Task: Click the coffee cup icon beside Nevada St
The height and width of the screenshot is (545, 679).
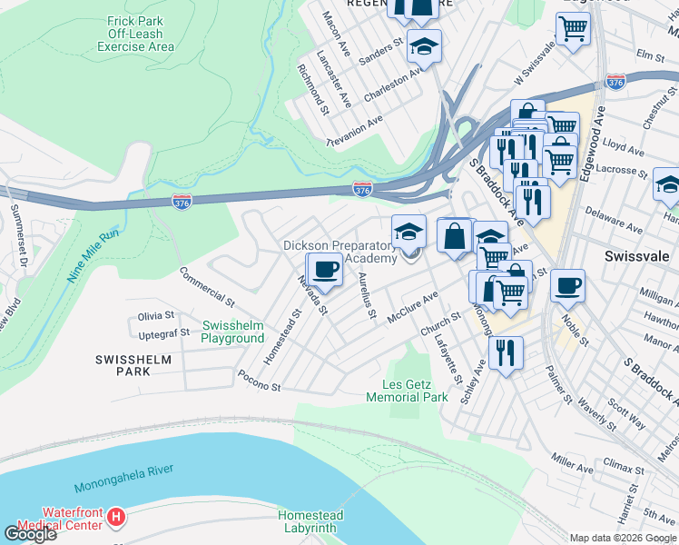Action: coord(326,270)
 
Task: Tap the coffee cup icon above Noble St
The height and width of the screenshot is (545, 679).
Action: coord(567,286)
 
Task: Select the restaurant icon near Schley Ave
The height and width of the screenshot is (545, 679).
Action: coord(506,352)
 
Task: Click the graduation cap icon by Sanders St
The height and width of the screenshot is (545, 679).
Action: coord(423,45)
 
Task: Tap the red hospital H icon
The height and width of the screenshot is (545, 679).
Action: coord(115,518)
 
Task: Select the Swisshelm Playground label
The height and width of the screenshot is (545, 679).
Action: coord(232,332)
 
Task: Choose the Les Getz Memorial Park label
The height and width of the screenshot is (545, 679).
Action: coord(408,391)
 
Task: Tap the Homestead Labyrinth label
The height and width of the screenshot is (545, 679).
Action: coord(310,522)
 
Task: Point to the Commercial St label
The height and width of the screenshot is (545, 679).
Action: coord(206,283)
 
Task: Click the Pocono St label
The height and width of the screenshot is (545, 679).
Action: coord(260,386)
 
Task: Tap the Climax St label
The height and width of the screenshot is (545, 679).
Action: coord(620,468)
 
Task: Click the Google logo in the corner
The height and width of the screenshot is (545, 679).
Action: coord(30,533)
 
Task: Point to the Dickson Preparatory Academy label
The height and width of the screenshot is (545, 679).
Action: coord(340,252)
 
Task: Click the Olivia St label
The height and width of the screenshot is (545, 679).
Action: coord(155,315)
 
